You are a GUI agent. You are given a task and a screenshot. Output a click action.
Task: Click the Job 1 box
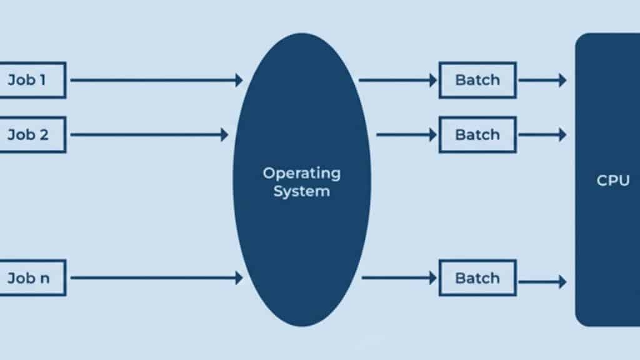tap(31, 80)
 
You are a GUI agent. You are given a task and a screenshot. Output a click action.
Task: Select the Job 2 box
tap(31, 134)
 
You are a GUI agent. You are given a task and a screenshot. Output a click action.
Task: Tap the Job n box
tap(31, 278)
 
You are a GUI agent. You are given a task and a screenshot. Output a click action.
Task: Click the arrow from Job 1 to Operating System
tap(156, 80)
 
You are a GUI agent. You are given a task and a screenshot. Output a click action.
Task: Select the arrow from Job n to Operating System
tap(156, 278)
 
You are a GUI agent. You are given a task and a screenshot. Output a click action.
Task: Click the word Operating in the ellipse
tap(302, 173)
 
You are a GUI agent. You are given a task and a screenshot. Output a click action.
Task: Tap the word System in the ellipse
tap(302, 191)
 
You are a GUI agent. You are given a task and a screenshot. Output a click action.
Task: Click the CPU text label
tap(612, 181)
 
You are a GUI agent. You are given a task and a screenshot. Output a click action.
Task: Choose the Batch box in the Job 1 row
tap(477, 80)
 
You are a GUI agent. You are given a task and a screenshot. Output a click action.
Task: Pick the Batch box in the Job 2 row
tap(477, 134)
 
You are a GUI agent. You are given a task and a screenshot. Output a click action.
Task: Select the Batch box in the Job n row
tap(477, 278)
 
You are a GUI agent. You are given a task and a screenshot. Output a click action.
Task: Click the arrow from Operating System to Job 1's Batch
tap(397, 80)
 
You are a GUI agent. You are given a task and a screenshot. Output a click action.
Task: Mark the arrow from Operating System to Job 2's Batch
tap(406, 134)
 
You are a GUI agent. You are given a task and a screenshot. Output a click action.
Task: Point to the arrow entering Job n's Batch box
tap(399, 277)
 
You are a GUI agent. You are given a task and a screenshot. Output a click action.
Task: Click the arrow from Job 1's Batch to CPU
tap(542, 80)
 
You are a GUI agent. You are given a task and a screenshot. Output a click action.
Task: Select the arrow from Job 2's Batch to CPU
tap(542, 134)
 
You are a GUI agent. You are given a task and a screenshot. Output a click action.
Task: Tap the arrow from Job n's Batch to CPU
tap(542, 282)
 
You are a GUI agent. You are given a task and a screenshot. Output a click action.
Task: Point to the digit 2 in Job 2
tap(44, 134)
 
